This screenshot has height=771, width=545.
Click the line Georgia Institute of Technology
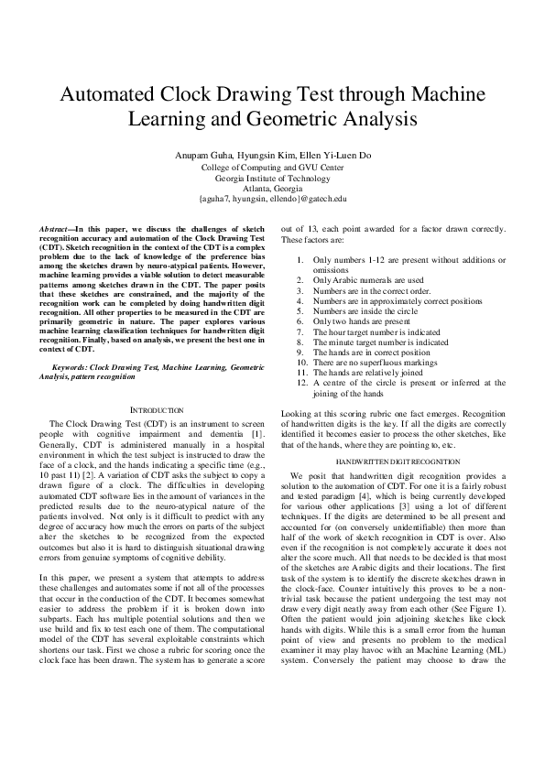272,178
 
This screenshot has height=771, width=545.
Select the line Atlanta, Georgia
272,188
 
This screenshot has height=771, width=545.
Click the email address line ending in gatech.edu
272,198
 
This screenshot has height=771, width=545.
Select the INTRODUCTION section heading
146,409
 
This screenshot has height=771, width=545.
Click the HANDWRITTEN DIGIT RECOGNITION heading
397,462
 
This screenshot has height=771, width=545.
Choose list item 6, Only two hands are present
363,321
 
